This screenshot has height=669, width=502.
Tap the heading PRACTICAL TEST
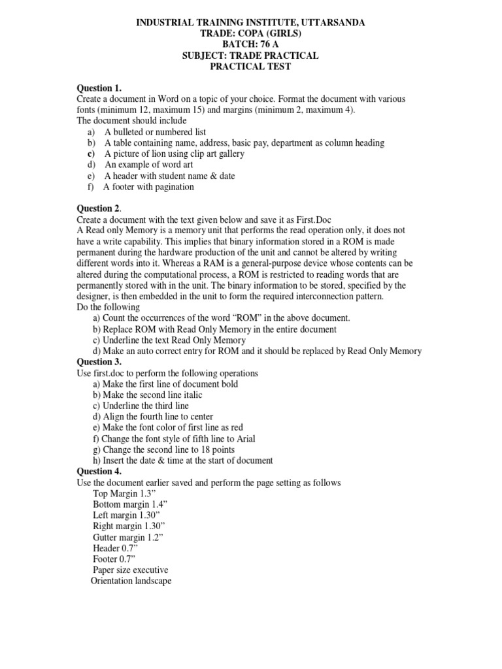(250, 67)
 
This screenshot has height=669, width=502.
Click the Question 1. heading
(99, 88)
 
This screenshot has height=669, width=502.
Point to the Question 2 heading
(99, 208)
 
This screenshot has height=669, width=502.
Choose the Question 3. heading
(99, 362)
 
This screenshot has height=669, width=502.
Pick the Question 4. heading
(99, 472)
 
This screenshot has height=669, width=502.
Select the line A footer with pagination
(148, 187)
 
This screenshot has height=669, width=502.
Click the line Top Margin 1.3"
(122, 494)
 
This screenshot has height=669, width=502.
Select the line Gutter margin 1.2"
(127, 538)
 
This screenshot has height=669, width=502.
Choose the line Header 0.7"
(115, 549)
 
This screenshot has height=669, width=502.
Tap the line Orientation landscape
(131, 581)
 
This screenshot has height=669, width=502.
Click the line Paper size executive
(130, 570)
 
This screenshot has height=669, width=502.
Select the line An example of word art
(148, 165)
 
